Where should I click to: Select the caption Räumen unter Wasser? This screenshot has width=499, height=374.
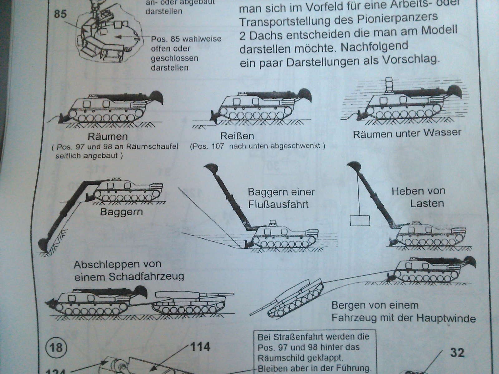pos(407,133)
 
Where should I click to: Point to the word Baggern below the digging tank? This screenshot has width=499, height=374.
pos(121,212)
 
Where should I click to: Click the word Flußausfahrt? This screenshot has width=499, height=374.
pos(278,204)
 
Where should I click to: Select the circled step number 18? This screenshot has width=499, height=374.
pos(56,347)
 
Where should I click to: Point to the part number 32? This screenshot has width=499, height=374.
pos(457,352)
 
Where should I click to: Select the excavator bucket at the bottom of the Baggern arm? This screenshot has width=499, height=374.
pos(44,244)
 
